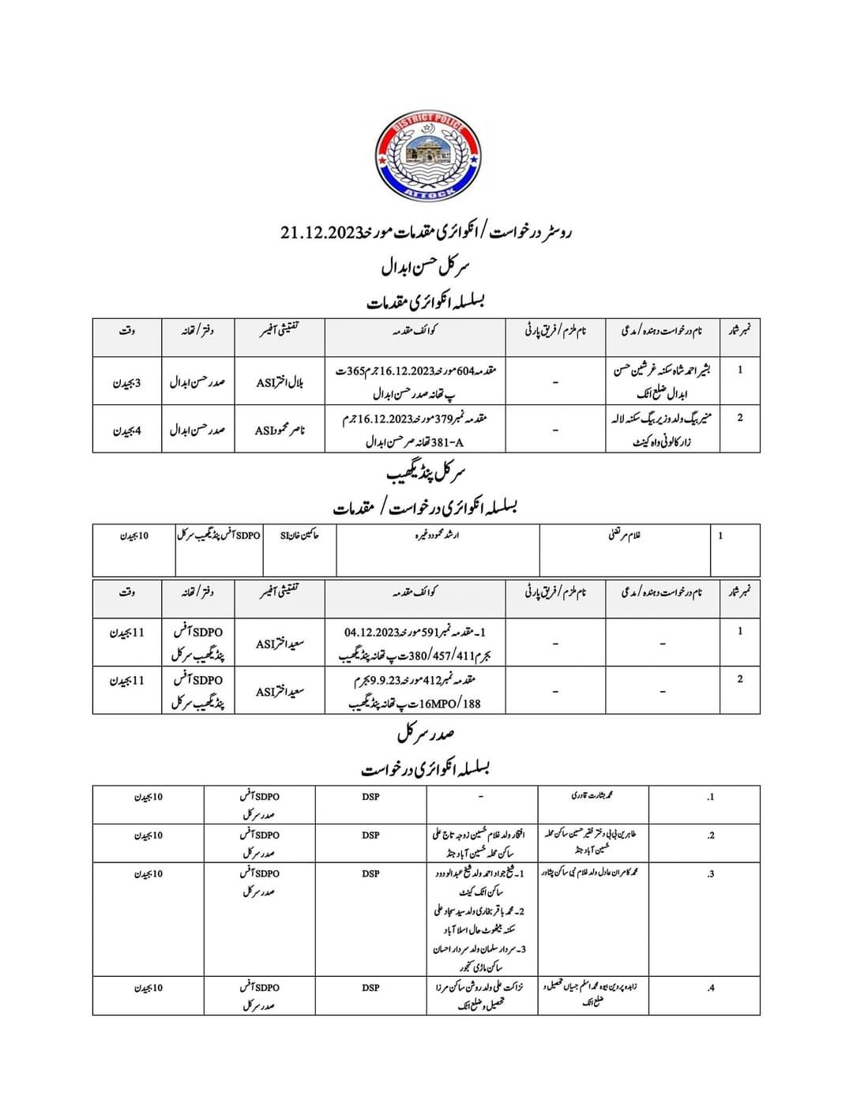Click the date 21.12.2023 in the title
(321, 232)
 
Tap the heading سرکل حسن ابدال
(426, 268)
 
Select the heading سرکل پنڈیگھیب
(426, 474)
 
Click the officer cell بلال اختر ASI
(280, 382)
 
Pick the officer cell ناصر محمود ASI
(280, 430)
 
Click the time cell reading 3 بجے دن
(127, 382)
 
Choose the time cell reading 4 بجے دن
(127, 430)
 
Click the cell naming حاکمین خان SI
(300, 535)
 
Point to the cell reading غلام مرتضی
(625, 535)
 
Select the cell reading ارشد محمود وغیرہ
(438, 535)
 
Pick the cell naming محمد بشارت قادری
(593, 797)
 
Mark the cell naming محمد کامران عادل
(593, 873)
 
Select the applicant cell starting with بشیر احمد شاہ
(662, 381)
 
